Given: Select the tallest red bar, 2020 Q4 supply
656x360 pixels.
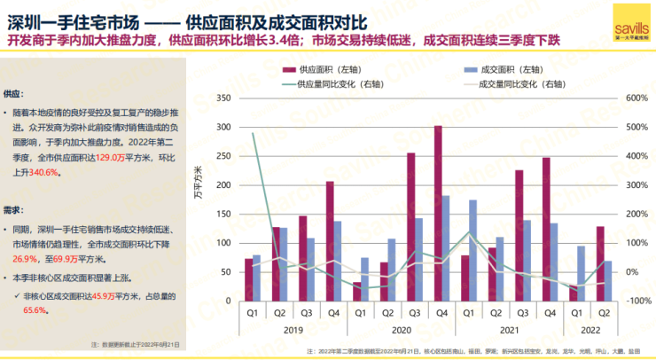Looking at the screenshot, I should (438, 213).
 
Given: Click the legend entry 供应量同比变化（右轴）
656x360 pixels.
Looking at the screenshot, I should (332, 84).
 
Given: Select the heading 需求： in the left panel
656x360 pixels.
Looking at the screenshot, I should (14, 210).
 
